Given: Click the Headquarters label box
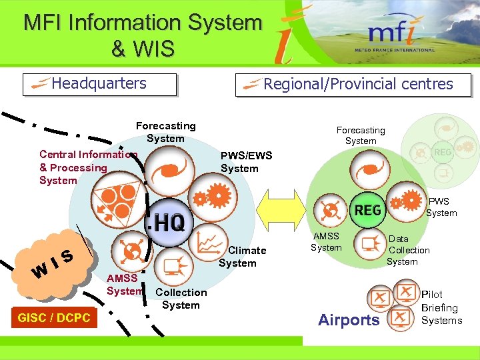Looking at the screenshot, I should coord(100,84).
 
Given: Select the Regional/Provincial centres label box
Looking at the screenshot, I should coord(353,85).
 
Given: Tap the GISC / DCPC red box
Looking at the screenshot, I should coord(54,318).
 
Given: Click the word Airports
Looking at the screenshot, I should coord(349,320).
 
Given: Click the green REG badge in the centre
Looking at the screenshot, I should coord(367,211).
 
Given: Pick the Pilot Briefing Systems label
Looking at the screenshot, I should coord(441,307).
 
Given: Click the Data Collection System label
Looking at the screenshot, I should coord(408,250).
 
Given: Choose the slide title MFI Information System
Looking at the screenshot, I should coord(143,35).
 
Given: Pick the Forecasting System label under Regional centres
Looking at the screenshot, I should coord(361,135).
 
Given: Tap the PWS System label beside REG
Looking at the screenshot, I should coord(441,207).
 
